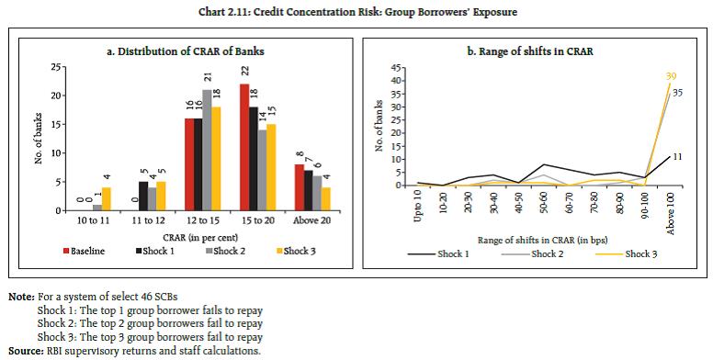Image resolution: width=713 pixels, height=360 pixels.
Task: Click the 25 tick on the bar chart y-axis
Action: click(x=57, y=67)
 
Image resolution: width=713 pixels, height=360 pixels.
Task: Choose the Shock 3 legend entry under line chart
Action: click(x=639, y=253)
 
